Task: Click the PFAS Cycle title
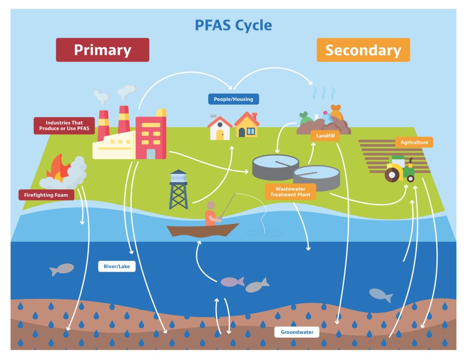(x=233, y=25)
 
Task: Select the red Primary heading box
(x=102, y=50)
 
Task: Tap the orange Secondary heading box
(x=363, y=50)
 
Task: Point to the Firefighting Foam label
(x=46, y=195)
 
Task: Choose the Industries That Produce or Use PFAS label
(x=64, y=126)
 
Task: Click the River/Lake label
(x=117, y=266)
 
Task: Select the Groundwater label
(x=297, y=332)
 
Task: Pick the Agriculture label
(x=414, y=142)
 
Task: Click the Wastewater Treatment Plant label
(x=290, y=192)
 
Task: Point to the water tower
(x=178, y=189)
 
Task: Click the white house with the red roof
(x=220, y=128)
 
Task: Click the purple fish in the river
(x=232, y=282)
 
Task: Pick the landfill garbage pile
(x=324, y=122)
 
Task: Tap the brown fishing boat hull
(x=202, y=230)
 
